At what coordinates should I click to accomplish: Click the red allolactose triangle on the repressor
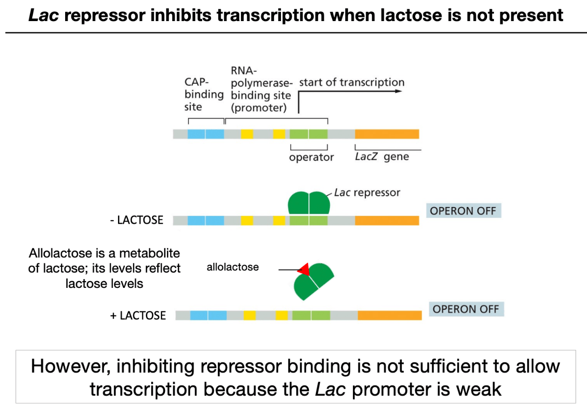click(x=305, y=270)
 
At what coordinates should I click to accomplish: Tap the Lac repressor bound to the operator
click(x=309, y=203)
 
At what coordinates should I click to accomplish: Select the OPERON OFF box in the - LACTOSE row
click(x=464, y=211)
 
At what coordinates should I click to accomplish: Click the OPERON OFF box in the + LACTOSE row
click(x=466, y=309)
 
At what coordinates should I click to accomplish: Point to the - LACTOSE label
click(x=137, y=220)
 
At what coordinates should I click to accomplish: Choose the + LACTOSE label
click(x=138, y=316)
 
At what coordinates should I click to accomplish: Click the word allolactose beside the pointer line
click(x=233, y=267)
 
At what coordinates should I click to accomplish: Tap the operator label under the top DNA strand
click(x=311, y=157)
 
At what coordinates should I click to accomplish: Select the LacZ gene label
click(x=382, y=156)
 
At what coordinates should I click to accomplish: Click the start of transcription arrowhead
click(x=399, y=91)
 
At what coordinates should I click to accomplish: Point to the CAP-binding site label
click(x=204, y=95)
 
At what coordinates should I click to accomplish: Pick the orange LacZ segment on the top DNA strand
click(x=387, y=134)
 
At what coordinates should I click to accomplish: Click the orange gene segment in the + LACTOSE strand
click(x=390, y=315)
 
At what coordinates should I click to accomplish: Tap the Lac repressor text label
click(x=367, y=193)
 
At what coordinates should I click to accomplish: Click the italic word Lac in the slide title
click(x=44, y=16)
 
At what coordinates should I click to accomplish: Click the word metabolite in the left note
click(x=149, y=254)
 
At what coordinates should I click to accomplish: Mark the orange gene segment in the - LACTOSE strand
click(x=387, y=220)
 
